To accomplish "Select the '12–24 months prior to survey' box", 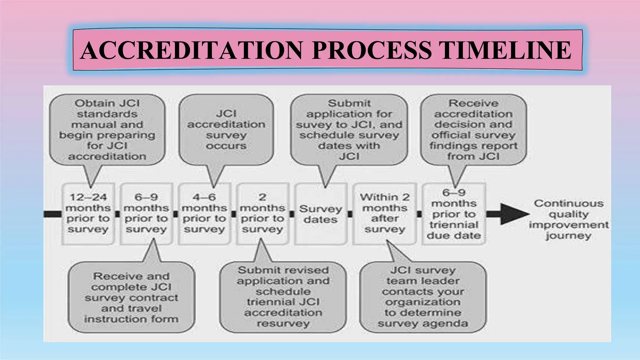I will click(x=88, y=213).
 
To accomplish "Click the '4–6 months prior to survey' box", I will click(x=204, y=213).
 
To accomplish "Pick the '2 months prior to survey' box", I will click(x=262, y=213).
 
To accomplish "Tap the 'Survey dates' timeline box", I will click(x=321, y=214).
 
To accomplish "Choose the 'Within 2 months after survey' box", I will click(x=385, y=213).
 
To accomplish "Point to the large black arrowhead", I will click(x=512, y=214).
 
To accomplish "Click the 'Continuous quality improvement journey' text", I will click(x=568, y=219).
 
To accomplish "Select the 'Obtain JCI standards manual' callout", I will click(x=107, y=130).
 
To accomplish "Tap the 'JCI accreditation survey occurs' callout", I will click(x=226, y=130).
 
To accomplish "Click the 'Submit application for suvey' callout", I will click(x=349, y=130).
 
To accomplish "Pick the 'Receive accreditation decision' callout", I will click(x=473, y=130).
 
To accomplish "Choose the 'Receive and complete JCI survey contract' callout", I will click(x=131, y=297).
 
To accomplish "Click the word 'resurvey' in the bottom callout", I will click(x=283, y=323).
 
